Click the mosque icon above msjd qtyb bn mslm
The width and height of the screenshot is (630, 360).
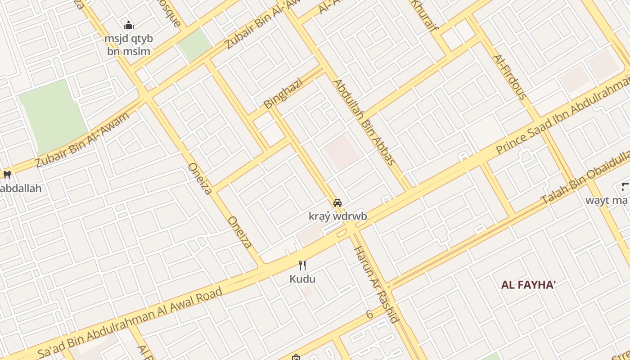tap(129, 25)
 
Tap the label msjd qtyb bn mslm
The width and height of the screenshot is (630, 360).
tap(129, 45)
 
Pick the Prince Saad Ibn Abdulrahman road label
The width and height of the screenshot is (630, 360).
tap(562, 116)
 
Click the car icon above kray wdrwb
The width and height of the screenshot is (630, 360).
tap(337, 203)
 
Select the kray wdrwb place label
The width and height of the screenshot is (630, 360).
tap(337, 216)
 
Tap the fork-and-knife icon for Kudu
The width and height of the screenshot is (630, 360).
tap(302, 265)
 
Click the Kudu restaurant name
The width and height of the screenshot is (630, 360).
tap(302, 279)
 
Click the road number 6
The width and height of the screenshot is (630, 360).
tap(369, 315)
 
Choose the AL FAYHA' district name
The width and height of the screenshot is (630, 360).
tap(528, 284)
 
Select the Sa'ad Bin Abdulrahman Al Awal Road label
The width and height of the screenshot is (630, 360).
tap(130, 322)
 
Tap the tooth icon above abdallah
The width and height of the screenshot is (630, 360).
tap(7, 175)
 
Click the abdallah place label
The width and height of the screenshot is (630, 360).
tap(20, 188)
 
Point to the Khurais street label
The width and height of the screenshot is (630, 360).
tap(425, 16)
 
